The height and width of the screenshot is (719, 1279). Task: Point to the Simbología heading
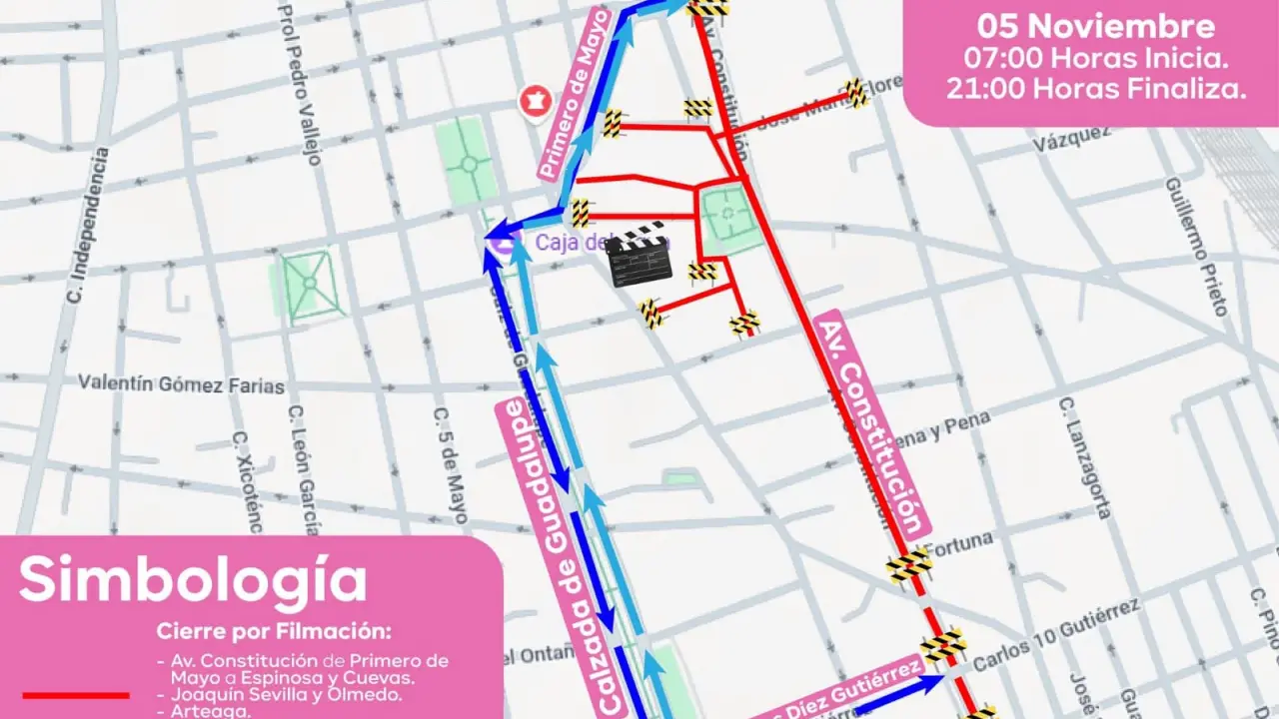[x=193, y=580]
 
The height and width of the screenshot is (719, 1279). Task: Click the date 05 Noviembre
[x=1095, y=26]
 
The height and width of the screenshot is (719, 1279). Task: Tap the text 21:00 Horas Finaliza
[x=1095, y=88]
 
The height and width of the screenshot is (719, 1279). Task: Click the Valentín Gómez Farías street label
[x=181, y=385]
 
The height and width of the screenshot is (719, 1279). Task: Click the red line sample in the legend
[x=76, y=694]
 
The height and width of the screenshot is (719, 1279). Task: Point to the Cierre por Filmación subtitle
[x=274, y=632]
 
